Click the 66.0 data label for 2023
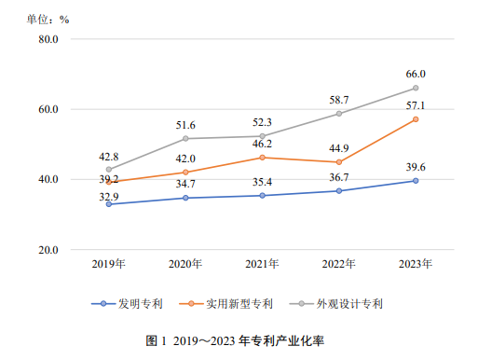(415, 74)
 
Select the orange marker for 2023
(416, 119)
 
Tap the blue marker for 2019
(109, 204)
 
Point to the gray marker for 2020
(185, 138)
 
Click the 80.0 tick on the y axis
(48, 39)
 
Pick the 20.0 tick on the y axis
(48, 250)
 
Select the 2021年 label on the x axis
(262, 265)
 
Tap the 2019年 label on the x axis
(109, 265)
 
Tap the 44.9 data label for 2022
(338, 147)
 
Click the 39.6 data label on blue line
(415, 167)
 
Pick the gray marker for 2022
(339, 114)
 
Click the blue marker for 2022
(339, 191)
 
